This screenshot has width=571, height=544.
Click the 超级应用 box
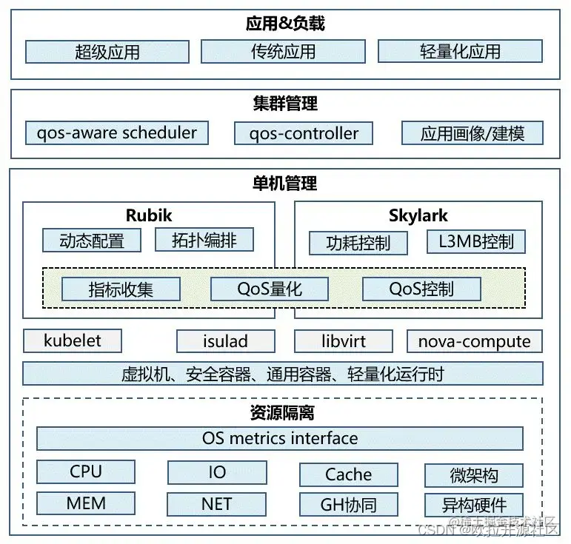point(107,52)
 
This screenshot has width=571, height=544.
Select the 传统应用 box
point(283,52)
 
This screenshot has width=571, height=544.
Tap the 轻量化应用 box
point(460,52)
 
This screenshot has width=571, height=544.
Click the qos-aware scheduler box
point(117,133)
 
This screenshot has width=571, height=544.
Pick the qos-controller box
point(304,134)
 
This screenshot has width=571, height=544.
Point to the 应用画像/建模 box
point(473,134)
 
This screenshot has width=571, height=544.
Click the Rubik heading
point(149,215)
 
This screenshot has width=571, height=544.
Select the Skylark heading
point(418,215)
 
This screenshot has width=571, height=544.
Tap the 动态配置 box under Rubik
point(92,241)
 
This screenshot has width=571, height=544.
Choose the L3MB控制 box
point(476,241)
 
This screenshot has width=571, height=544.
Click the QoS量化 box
point(270,289)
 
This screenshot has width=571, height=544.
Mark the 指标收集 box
point(121,289)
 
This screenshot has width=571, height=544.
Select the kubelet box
point(73,341)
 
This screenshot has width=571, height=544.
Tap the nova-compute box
point(475,341)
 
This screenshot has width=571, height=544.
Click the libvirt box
point(344,341)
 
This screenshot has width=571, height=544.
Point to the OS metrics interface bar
point(280,438)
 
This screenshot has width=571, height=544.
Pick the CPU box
point(86,472)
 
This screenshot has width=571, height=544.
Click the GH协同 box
point(349,505)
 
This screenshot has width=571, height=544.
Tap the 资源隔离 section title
point(282,412)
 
